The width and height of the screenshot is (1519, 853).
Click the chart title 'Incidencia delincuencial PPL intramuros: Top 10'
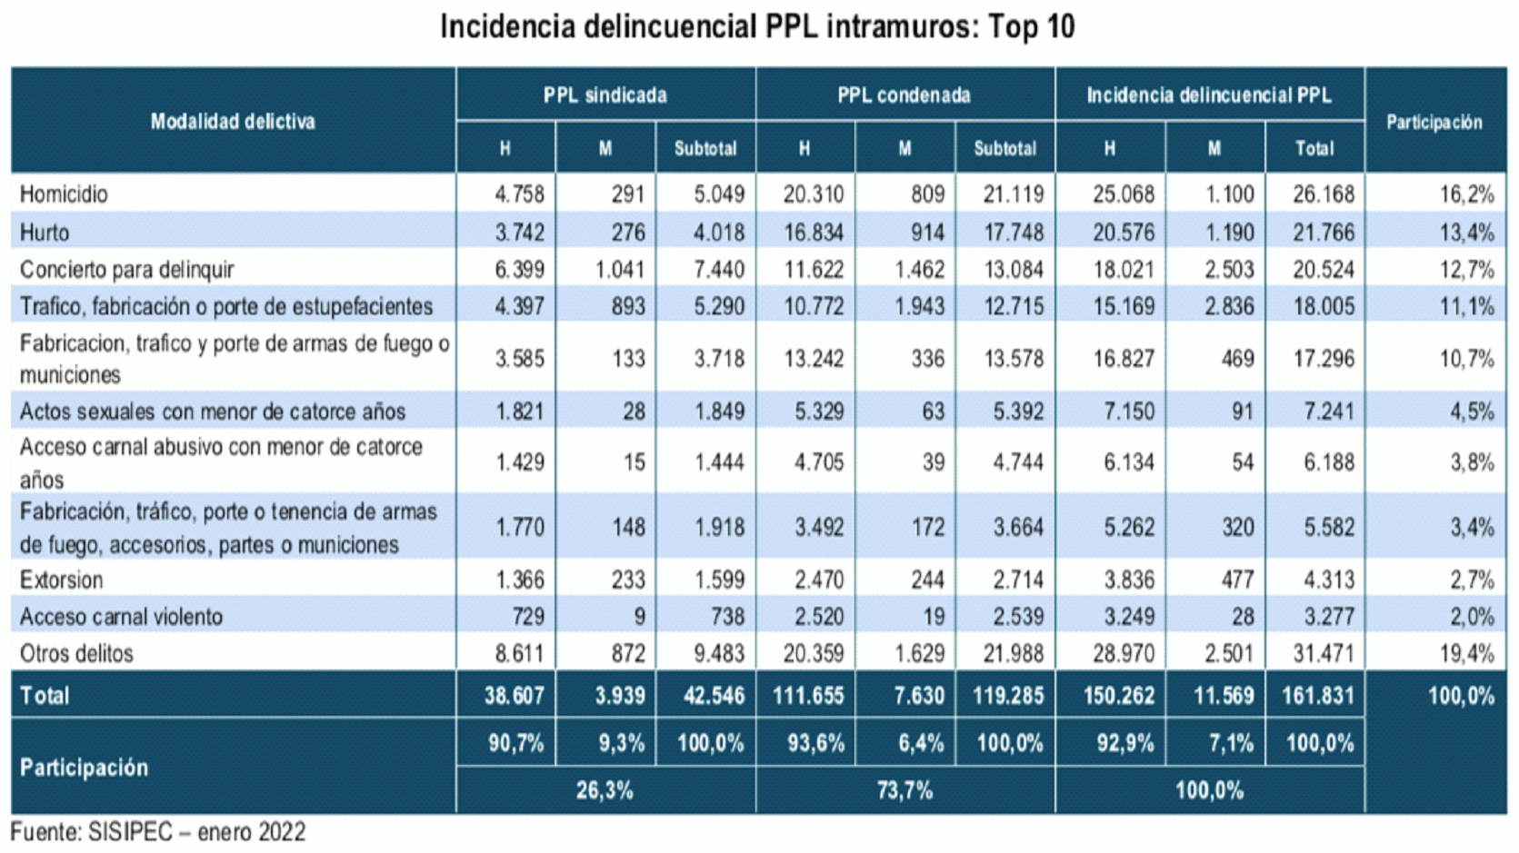[757, 27]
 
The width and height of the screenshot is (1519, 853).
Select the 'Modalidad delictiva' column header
[233, 122]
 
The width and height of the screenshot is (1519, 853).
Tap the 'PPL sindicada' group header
[605, 95]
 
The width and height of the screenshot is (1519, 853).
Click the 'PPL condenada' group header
[904, 95]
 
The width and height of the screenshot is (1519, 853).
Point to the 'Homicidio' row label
[64, 194]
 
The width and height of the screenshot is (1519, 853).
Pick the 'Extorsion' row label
[62, 580]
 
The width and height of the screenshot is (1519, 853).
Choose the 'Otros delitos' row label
[76, 653]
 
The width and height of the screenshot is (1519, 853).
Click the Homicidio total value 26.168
[1323, 194]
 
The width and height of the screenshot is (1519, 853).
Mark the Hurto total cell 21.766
[1323, 233]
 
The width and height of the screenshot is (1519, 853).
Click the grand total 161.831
[1317, 696]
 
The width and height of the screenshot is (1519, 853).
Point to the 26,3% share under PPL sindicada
[605, 790]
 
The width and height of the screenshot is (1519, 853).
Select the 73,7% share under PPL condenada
[904, 790]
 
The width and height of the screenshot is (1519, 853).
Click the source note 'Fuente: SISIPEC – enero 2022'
[158, 832]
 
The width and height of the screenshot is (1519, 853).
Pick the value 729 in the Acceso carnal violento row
[528, 617]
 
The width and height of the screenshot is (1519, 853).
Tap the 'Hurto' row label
[45, 233]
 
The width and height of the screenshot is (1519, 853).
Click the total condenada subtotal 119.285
[1007, 696]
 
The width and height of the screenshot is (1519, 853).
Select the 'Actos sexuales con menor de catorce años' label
[213, 412]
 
